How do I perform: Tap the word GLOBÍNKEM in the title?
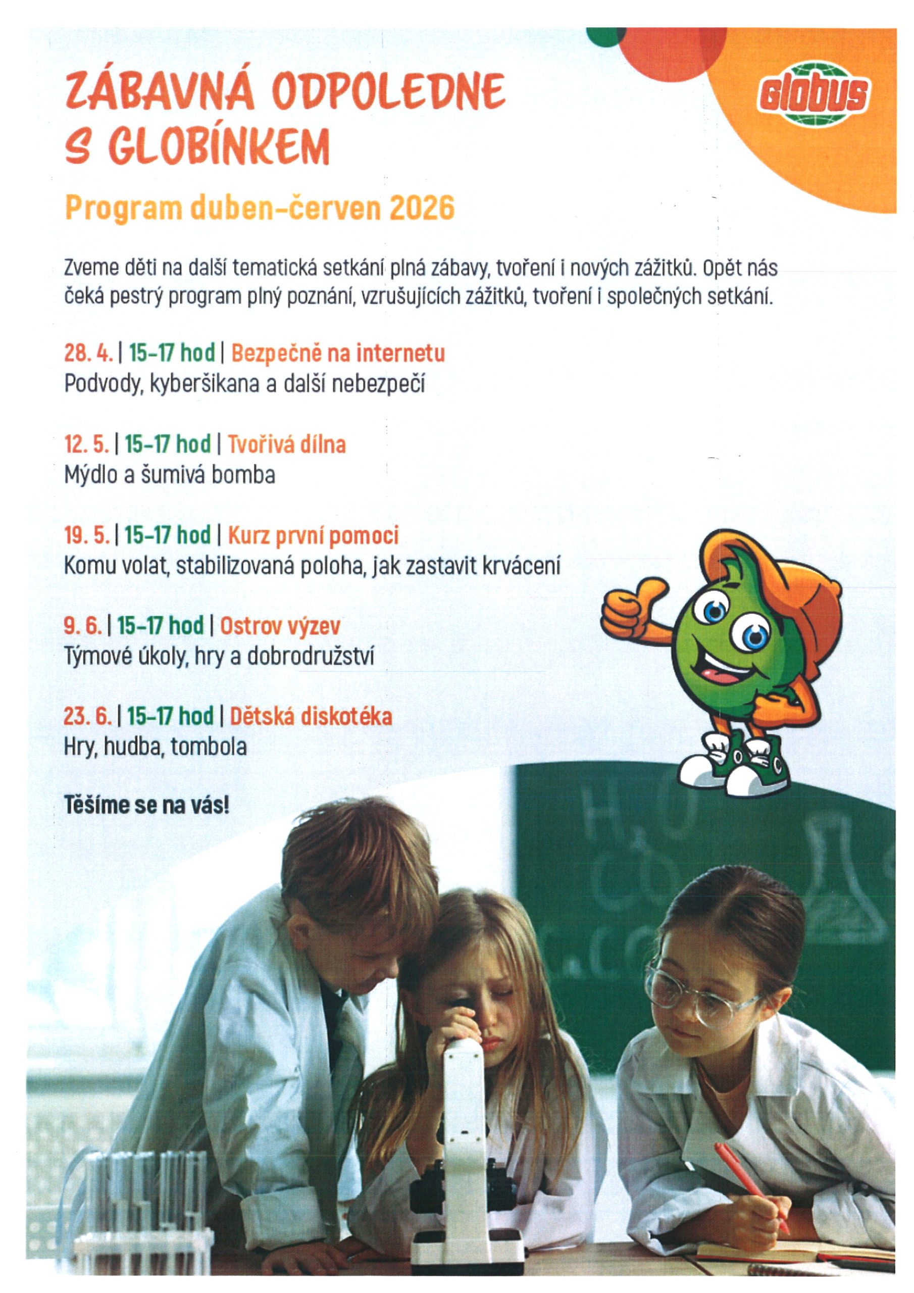[221, 146]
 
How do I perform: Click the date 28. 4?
[88, 354]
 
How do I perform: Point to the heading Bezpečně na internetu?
[338, 354]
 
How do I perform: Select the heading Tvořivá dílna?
[286, 444]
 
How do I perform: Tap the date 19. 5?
[87, 535]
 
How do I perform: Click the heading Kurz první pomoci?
[313, 535]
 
